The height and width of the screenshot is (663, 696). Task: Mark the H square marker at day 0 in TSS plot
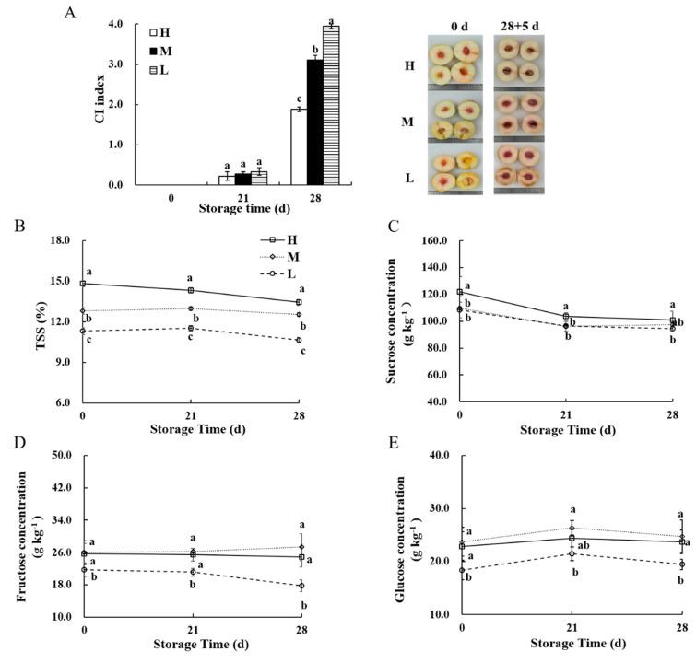[x=83, y=284]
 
